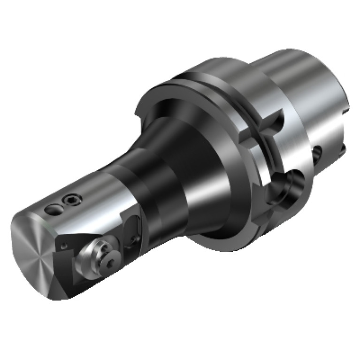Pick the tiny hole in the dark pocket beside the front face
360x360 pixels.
click(x=62, y=245)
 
